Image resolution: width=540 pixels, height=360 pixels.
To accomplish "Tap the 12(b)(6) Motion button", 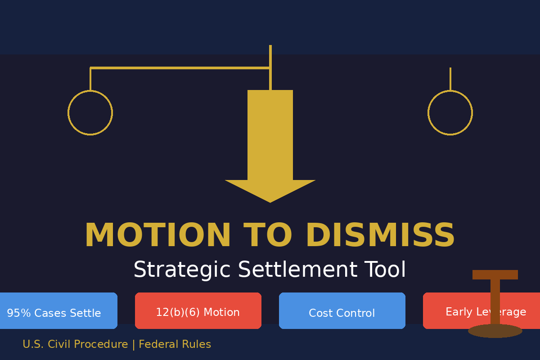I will (x=198, y=311).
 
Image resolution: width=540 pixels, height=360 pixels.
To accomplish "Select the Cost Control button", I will (x=342, y=311).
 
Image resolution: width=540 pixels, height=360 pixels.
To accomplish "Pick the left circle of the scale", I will (x=90, y=112).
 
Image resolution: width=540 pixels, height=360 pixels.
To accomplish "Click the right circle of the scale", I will (x=450, y=112).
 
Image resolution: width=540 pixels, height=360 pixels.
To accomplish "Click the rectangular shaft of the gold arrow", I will (x=270, y=135).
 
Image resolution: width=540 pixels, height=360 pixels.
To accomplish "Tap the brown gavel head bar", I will (x=495, y=274).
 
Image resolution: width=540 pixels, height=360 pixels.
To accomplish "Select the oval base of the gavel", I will (x=495, y=331).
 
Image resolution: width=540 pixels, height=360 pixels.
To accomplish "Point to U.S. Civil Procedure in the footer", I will (x=75, y=345).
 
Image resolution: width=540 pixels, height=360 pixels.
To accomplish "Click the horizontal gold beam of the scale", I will (x=180, y=68).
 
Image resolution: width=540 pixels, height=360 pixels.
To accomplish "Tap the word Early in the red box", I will (x=457, y=312).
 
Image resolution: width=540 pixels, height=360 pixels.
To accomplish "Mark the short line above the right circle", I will (x=450, y=79).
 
